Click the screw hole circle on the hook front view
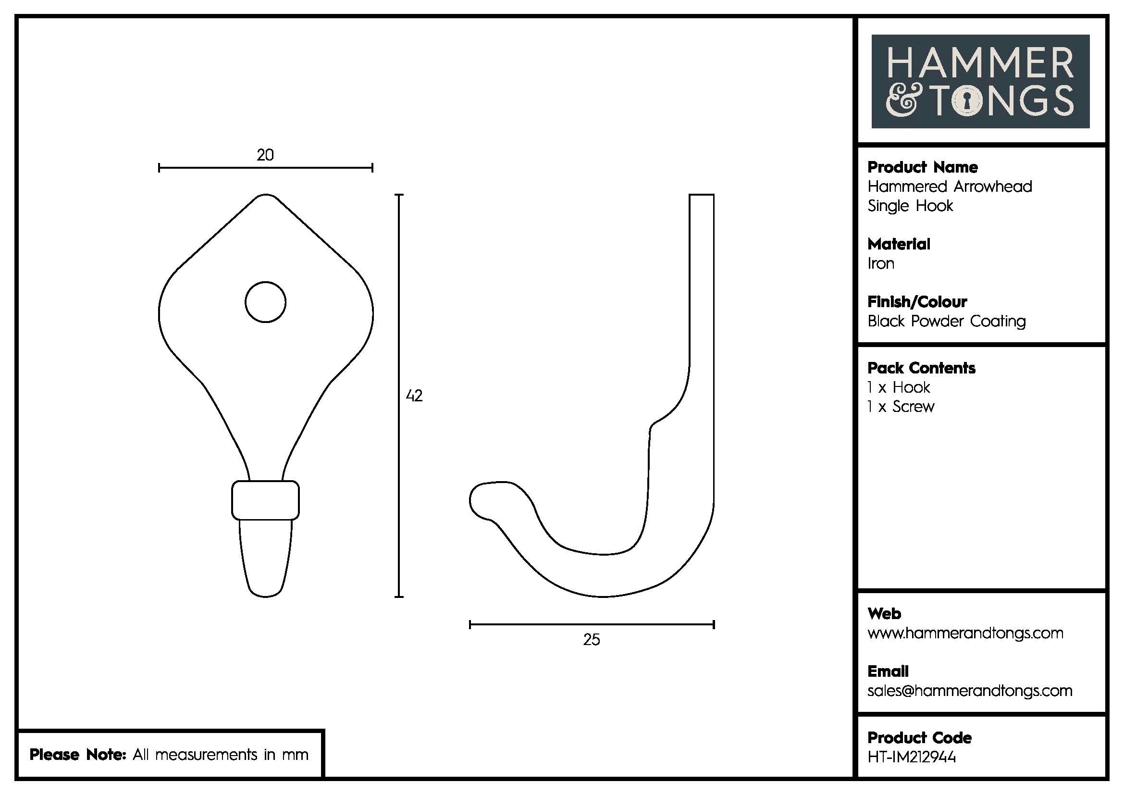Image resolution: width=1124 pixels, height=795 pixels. point(265,302)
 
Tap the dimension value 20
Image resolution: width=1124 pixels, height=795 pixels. point(265,155)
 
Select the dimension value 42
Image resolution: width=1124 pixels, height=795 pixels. point(414,396)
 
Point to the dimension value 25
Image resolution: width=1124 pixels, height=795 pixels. point(592,640)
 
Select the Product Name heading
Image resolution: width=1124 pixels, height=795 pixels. point(922,167)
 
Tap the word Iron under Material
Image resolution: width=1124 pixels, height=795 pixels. point(881,264)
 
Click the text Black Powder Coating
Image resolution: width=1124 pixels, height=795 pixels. point(946,322)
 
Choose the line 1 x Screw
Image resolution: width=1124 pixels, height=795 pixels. point(901,407)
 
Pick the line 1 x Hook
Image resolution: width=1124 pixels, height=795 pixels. point(898,388)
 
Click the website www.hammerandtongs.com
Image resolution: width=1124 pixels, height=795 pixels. point(965,634)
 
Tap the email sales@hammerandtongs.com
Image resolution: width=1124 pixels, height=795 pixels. point(969,691)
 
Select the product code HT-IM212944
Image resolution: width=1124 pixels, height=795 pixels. point(912,758)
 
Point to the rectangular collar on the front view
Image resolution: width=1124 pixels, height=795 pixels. point(265,500)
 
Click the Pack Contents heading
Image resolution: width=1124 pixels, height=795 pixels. point(921,368)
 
